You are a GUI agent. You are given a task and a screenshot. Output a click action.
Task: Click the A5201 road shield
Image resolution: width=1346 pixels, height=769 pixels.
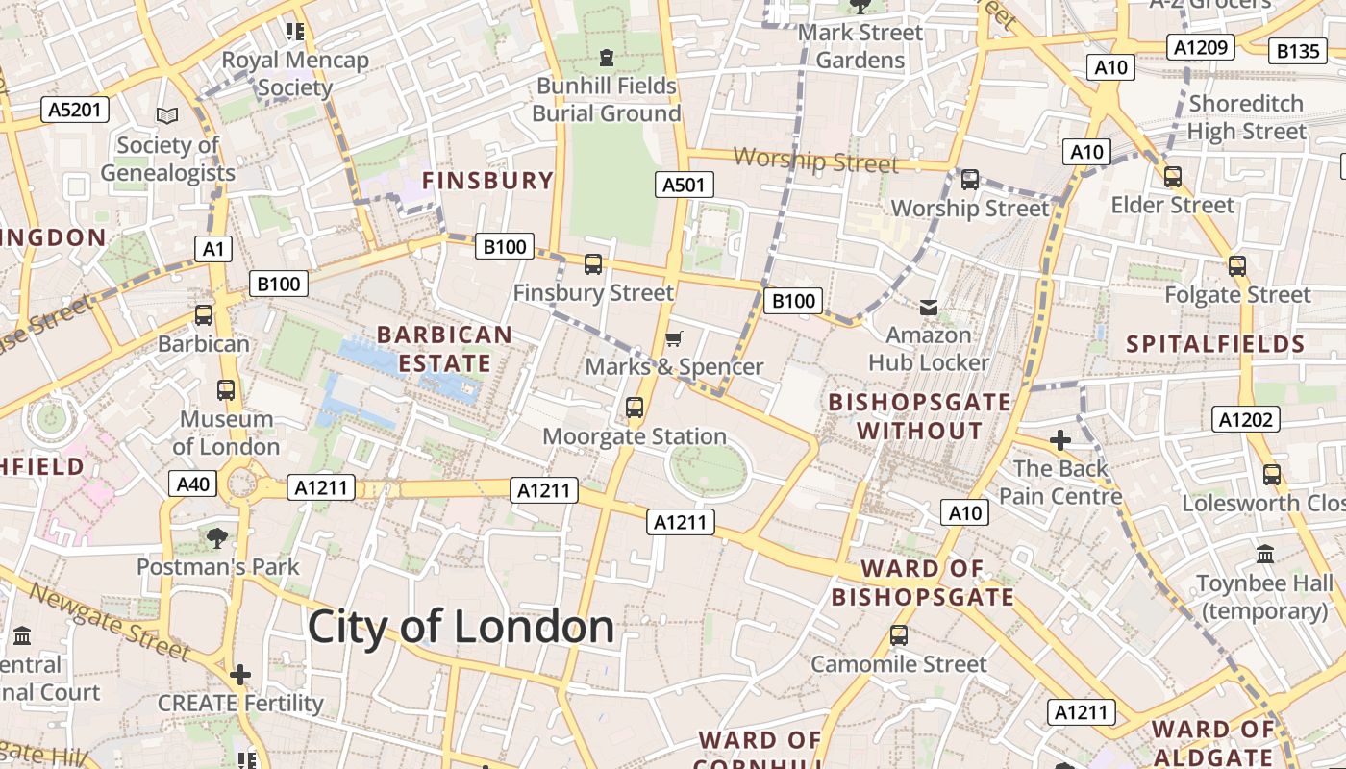coord(74,110)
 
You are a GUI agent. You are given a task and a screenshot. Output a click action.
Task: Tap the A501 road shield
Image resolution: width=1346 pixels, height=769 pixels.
coord(685,185)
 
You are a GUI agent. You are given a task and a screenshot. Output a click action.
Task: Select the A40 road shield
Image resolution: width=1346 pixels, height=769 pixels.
coord(192,484)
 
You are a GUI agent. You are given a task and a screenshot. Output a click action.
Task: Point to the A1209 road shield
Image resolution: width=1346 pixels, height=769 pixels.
coord(1201,46)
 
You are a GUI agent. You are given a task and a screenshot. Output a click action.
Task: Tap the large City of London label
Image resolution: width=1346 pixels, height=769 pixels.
coord(461,628)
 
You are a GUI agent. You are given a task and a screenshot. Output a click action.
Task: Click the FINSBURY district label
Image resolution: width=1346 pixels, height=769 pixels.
coord(487,181)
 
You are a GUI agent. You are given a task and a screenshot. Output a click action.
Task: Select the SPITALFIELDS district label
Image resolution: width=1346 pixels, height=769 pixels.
coord(1215,344)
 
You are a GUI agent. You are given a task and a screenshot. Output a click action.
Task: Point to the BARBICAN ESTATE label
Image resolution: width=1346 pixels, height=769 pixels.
coord(444,349)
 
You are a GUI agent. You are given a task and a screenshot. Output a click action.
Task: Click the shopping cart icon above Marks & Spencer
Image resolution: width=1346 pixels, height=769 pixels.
coord(674,338)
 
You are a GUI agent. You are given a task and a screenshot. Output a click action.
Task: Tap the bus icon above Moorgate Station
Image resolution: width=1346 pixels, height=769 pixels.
coord(634,408)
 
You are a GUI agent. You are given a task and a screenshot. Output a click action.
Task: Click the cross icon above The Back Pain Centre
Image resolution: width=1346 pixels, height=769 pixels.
coord(1059,441)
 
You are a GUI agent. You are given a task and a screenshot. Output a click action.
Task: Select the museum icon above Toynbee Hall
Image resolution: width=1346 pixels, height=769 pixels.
coord(1264,555)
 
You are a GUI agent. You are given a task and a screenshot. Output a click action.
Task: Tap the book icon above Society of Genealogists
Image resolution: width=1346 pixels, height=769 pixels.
coord(167,116)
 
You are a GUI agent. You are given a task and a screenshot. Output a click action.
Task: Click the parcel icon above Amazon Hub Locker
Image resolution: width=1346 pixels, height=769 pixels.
coord(928,308)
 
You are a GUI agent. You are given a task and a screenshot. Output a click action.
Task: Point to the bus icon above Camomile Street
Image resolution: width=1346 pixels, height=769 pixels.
coord(898,635)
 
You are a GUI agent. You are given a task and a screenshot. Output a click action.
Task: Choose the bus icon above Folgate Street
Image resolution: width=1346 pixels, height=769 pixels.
coord(1236,266)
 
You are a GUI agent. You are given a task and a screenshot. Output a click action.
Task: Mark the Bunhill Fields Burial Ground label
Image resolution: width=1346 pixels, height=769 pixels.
coord(606,99)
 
